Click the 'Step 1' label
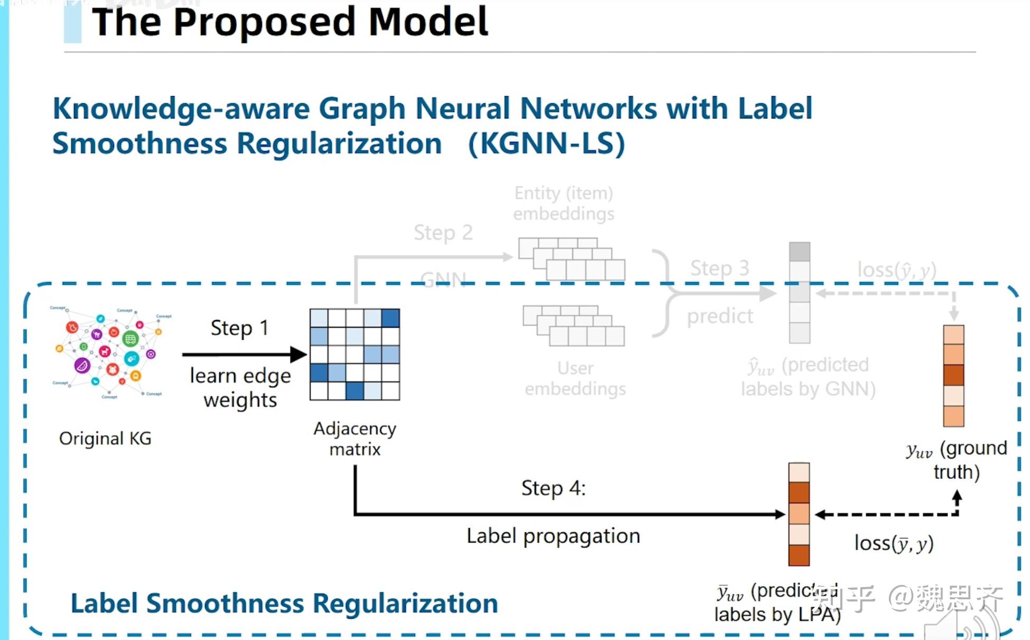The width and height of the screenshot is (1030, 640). click(239, 328)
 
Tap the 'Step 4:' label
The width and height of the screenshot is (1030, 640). click(553, 488)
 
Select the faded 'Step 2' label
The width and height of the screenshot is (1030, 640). click(443, 233)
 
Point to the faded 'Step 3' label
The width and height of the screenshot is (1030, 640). click(719, 268)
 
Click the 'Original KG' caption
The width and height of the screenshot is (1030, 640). click(105, 438)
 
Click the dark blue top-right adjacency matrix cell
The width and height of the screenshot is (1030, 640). click(390, 318)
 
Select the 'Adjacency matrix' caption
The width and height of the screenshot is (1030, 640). click(355, 439)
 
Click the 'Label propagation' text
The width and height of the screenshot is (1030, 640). click(553, 536)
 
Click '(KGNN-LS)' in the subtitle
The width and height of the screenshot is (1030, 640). click(546, 144)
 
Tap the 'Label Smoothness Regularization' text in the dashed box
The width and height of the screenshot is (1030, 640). click(284, 603)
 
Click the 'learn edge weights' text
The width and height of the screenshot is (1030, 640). click(240, 387)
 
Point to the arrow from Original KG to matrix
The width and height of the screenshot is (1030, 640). click(243, 354)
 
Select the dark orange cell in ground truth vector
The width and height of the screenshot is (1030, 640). click(953, 375)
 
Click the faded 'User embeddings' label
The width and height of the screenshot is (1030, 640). click(575, 378)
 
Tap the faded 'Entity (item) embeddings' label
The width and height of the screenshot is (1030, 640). click(563, 203)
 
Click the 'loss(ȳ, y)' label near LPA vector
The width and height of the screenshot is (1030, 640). click(894, 543)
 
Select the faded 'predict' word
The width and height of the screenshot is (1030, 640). click(719, 316)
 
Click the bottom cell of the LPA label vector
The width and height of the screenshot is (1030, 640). click(799, 555)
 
